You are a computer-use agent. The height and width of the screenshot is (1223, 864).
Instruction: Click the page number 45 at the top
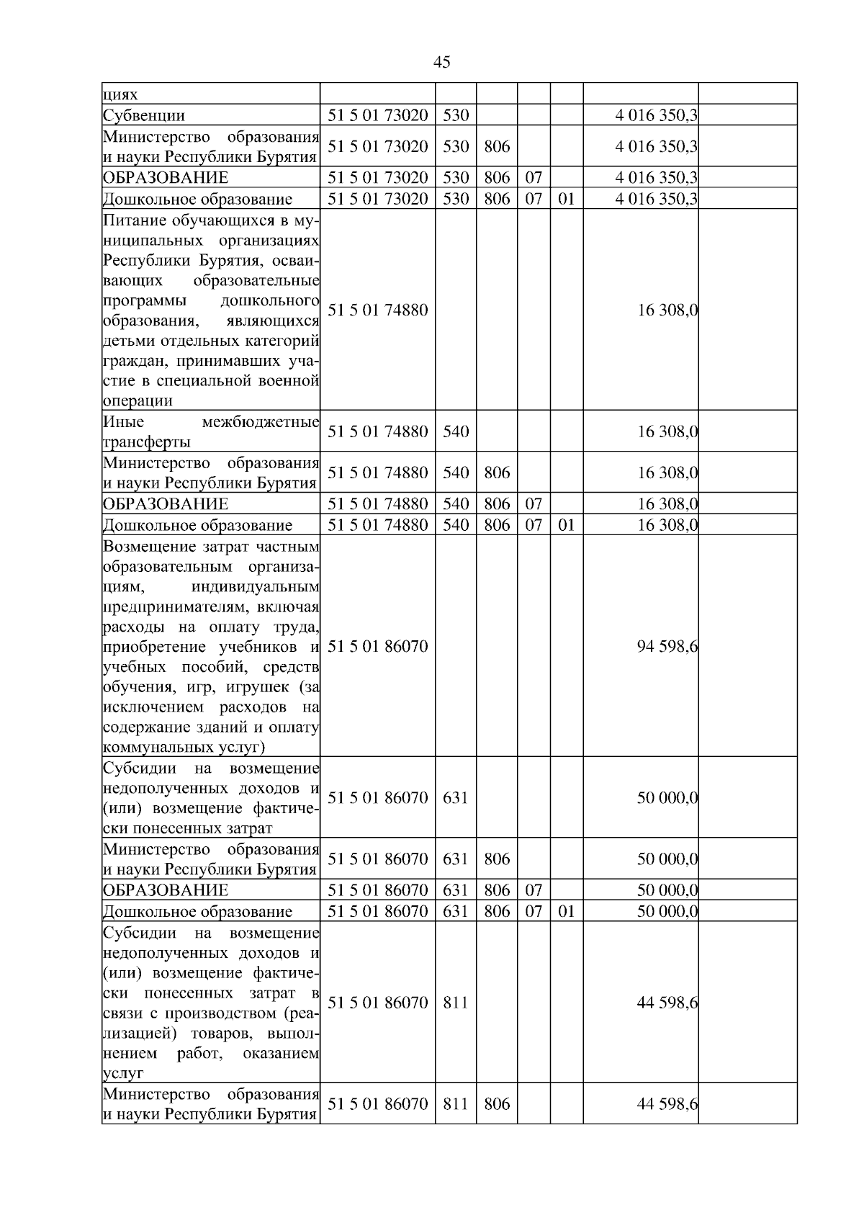coord(442,62)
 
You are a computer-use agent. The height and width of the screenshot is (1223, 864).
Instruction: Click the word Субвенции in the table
coord(144,116)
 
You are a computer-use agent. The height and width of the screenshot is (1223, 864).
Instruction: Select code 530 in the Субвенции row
coord(456,115)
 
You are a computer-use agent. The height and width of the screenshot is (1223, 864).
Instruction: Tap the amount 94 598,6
coord(667,647)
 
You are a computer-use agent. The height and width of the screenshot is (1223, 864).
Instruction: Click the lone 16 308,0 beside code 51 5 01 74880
coord(667,310)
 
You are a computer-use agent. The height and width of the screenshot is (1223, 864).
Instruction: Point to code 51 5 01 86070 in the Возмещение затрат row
coord(377,647)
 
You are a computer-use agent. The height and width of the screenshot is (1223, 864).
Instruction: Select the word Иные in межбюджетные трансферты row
coord(123,422)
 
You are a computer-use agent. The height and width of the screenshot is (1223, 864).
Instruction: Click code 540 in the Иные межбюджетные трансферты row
coord(456,431)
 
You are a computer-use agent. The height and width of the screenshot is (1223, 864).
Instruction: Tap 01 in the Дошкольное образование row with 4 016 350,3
coord(567,199)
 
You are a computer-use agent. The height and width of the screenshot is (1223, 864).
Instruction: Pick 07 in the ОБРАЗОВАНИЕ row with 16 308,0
coord(534,503)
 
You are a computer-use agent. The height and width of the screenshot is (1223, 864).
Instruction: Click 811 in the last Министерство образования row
coord(456,1103)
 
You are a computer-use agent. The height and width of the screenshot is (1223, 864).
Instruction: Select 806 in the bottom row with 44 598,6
coord(497,1103)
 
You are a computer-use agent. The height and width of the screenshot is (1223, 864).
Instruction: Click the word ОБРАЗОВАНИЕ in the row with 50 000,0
coord(166,890)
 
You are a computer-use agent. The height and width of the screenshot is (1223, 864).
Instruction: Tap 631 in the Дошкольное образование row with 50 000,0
coord(456,911)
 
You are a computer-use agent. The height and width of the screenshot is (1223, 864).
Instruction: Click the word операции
coord(138,401)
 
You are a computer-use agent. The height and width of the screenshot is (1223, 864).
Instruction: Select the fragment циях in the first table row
coord(120,94)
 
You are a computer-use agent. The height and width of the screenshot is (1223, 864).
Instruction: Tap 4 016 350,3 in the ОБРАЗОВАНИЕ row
coord(655,178)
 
